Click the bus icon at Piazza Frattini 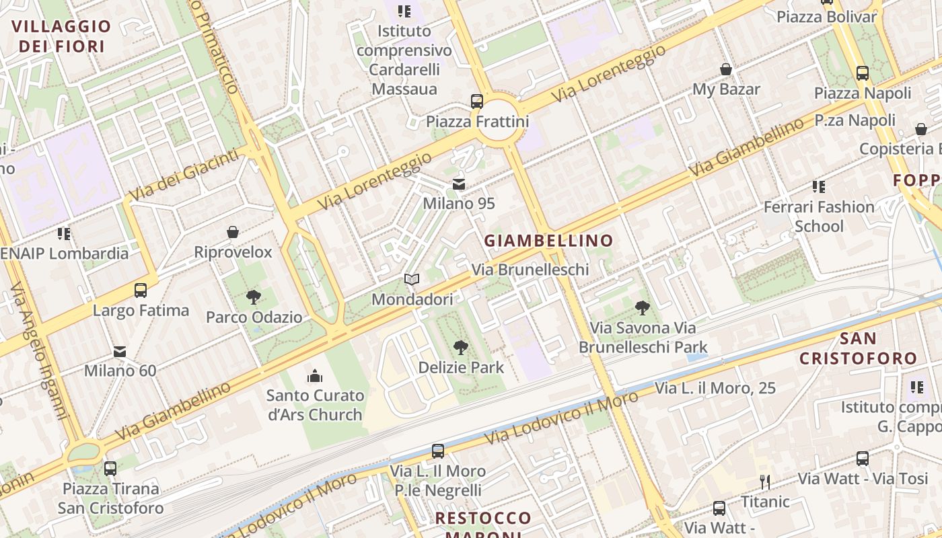pyautogui.click(x=477, y=102)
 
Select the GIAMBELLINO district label pyautogui.click(x=548, y=240)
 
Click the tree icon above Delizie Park pyautogui.click(x=461, y=348)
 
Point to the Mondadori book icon pyautogui.click(x=412, y=279)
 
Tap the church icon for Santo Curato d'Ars pyautogui.click(x=314, y=375)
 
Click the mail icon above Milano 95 pyautogui.click(x=459, y=184)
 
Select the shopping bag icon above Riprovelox pyautogui.click(x=233, y=233)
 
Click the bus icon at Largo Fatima pyautogui.click(x=141, y=291)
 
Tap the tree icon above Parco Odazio pyautogui.click(x=254, y=297)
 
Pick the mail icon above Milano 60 pyautogui.click(x=120, y=351)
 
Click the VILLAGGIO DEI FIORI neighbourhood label pyautogui.click(x=61, y=36)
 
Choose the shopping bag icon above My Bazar pyautogui.click(x=726, y=69)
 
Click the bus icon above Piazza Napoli pyautogui.click(x=863, y=73)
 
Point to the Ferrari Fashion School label pyautogui.click(x=819, y=217)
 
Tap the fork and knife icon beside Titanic pyautogui.click(x=764, y=482)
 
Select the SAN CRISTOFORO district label pyautogui.click(x=858, y=348)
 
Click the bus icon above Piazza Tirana pyautogui.click(x=110, y=469)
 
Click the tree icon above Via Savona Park pyautogui.click(x=643, y=308)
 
